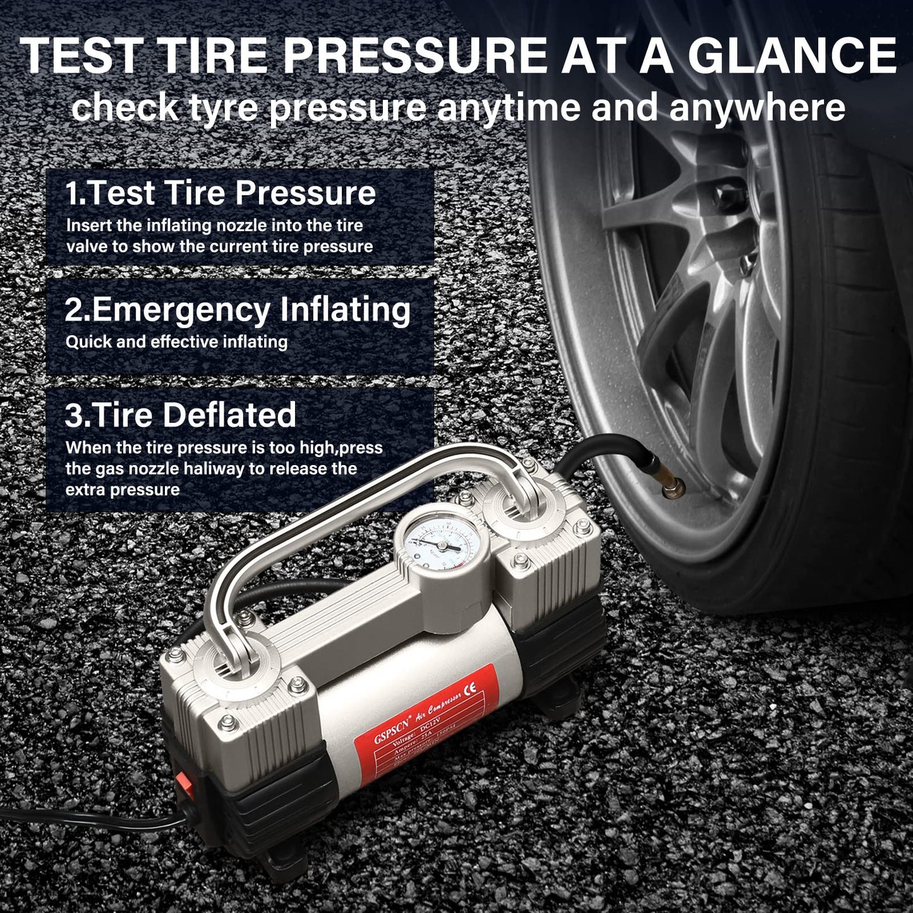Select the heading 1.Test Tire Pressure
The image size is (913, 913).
pyautogui.click(x=221, y=193)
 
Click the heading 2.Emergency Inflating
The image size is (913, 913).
pyautogui.click(x=238, y=310)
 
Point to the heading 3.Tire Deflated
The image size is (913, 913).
pyautogui.click(x=181, y=415)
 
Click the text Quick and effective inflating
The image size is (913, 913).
pyautogui.click(x=176, y=342)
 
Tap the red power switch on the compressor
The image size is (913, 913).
pyautogui.click(x=184, y=782)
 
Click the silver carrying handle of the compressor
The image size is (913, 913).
pyautogui.click(x=354, y=505)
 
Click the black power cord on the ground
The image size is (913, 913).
pyautogui.click(x=95, y=822)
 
